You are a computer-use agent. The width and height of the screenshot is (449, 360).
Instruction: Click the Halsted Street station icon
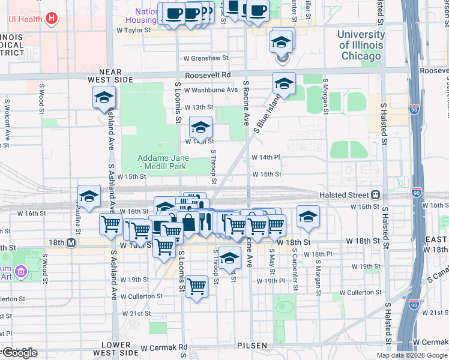pyautogui.click(x=376, y=194)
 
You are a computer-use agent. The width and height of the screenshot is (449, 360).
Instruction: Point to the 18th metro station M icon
pyautogui.click(x=71, y=242)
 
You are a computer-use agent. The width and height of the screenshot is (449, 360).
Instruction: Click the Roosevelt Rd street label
pyautogui.click(x=208, y=75)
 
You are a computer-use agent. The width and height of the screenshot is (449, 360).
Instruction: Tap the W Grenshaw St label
pyautogui.click(x=206, y=58)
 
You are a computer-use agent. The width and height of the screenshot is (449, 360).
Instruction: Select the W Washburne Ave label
pyautogui.click(x=211, y=90)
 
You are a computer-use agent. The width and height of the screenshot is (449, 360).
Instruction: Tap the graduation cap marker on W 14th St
pyautogui.click(x=201, y=127)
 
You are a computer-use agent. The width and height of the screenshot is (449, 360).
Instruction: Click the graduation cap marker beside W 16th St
pyautogui.click(x=308, y=217)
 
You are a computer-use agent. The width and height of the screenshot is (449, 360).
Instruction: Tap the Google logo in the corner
pyautogui.click(x=19, y=352)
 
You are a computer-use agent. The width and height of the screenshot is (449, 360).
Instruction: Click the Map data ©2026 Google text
pyautogui.click(x=412, y=355)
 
